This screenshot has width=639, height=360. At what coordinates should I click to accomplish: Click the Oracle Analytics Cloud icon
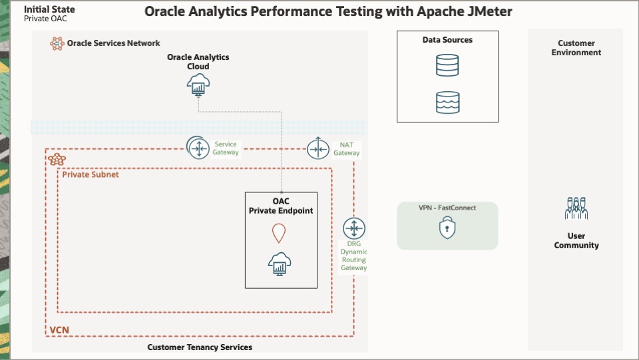pyautogui.click(x=198, y=84)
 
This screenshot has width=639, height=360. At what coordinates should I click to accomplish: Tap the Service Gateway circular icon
pyautogui.click(x=198, y=148)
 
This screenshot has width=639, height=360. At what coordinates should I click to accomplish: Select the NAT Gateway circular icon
pyautogui.click(x=318, y=149)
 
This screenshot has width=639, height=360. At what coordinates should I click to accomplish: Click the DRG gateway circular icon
pyautogui.click(x=353, y=228)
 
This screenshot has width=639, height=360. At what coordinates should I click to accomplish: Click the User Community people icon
pyautogui.click(x=576, y=208)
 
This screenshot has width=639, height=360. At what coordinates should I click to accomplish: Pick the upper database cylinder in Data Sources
pyautogui.click(x=448, y=65)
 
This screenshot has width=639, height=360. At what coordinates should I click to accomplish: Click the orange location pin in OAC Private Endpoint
pyautogui.click(x=278, y=233)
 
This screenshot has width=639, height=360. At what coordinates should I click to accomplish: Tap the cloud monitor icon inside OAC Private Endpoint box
pyautogui.click(x=278, y=264)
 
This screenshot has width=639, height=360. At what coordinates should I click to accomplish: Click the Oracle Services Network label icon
pyautogui.click(x=57, y=43)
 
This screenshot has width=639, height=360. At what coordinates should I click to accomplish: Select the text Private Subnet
pyautogui.click(x=91, y=174)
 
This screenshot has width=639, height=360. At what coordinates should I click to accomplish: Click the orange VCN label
pyautogui.click(x=59, y=330)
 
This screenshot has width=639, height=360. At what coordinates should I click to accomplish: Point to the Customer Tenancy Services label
pyautogui.click(x=200, y=347)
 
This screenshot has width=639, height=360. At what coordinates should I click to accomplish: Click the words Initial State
pyautogui.click(x=49, y=9)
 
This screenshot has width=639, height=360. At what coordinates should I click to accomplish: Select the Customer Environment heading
pyautogui.click(x=576, y=48)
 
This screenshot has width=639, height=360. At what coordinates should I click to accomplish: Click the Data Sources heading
pyautogui.click(x=447, y=40)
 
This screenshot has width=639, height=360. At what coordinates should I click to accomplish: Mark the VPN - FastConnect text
pyautogui.click(x=447, y=208)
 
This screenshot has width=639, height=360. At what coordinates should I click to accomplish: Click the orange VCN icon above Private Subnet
pyautogui.click(x=57, y=160)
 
